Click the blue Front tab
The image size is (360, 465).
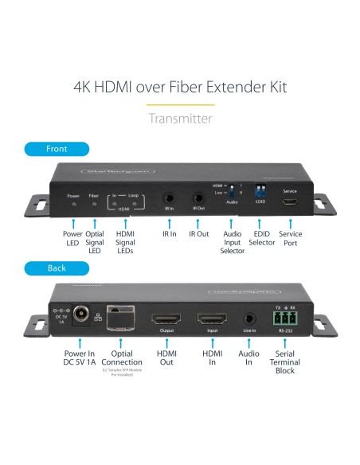(x=57, y=149)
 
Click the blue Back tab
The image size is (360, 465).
(x=56, y=268)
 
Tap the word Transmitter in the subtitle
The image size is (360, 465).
(x=180, y=119)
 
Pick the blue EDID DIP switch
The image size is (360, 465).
(x=260, y=191)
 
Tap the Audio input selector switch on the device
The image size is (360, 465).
(x=233, y=192)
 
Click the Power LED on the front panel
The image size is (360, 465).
(x=73, y=205)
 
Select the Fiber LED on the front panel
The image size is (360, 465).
(x=94, y=205)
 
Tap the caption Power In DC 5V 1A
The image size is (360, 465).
(x=79, y=358)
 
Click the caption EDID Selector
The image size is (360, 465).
(x=261, y=240)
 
